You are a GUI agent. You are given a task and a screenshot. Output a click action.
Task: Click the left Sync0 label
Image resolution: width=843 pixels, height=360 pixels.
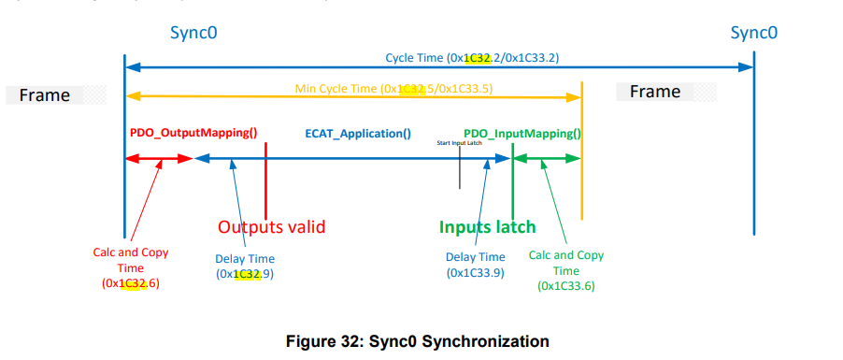pyautogui.click(x=193, y=34)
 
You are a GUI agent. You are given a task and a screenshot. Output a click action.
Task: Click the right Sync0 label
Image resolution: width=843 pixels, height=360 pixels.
pyautogui.click(x=754, y=34)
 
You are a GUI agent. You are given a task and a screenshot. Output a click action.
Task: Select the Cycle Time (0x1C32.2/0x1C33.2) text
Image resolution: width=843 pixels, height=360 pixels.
pyautogui.click(x=472, y=58)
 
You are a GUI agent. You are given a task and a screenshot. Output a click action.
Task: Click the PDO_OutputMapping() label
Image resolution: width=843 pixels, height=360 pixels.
pyautogui.click(x=193, y=133)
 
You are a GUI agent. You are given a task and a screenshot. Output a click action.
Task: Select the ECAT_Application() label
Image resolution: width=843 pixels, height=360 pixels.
pyautogui.click(x=358, y=133)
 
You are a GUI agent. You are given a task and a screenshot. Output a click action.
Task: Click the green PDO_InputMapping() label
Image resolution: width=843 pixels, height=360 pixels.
pyautogui.click(x=522, y=133)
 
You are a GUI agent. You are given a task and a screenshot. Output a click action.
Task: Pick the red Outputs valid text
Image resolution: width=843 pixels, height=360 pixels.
pyautogui.click(x=271, y=226)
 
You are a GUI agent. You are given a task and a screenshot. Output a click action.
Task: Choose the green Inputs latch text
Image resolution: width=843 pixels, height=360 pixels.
pyautogui.click(x=488, y=226)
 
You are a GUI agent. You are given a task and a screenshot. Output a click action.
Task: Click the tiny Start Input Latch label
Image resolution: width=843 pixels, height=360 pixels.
pyautogui.click(x=459, y=142)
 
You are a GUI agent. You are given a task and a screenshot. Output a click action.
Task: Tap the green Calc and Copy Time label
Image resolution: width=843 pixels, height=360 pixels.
pyautogui.click(x=566, y=270)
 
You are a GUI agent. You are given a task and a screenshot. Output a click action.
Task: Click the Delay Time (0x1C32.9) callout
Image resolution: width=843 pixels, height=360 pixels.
pyautogui.click(x=245, y=266)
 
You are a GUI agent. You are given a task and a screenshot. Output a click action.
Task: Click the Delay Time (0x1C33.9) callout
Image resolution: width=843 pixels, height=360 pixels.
pyautogui.click(x=475, y=265)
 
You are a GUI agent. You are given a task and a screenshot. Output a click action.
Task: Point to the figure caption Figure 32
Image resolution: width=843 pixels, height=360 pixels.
pyautogui.click(x=417, y=341)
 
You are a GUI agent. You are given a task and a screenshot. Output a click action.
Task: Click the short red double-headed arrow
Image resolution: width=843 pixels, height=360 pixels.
pyautogui.click(x=158, y=160)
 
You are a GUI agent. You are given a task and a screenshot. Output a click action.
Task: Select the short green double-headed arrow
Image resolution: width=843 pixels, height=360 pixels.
pyautogui.click(x=548, y=160)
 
